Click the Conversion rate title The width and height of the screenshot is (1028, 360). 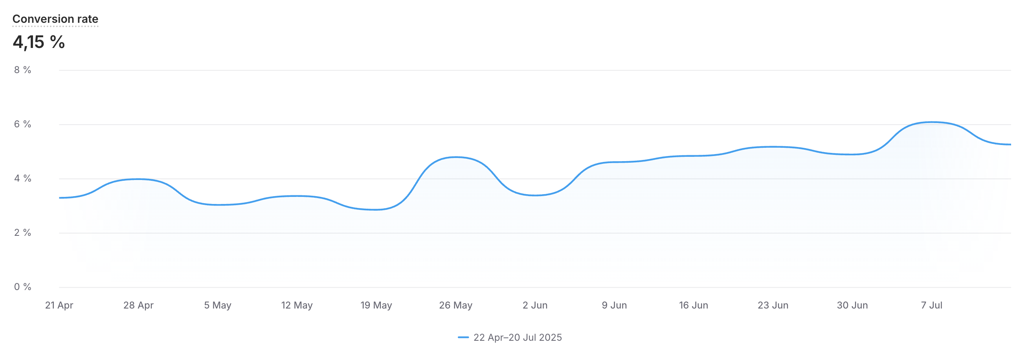coord(55,19)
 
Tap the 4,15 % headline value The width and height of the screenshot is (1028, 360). coord(39,42)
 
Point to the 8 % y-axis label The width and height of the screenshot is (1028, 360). coord(23,70)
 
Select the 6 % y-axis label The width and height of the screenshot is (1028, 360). coord(23,124)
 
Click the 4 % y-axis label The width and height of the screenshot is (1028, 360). coord(23,178)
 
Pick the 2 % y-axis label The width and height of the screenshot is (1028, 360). coord(23,233)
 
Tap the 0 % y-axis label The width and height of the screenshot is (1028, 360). coord(23,287)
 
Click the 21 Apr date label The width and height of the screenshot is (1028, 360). coord(59,305)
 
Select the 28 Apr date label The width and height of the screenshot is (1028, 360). coord(138,305)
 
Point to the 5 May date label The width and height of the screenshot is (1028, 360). coord(217,305)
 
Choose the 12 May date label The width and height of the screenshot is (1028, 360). coord(297,305)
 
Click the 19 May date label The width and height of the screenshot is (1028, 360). coord(376,305)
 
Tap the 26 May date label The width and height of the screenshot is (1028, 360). coord(456,305)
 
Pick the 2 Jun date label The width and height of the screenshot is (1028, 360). coord(535,305)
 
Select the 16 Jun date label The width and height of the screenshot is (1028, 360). coord(694,305)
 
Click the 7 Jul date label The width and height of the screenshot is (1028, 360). coord(931,305)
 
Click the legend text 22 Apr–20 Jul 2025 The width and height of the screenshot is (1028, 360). coord(518,338)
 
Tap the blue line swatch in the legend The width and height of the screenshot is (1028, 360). coord(463,338)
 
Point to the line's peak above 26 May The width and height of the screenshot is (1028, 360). coord(456,157)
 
